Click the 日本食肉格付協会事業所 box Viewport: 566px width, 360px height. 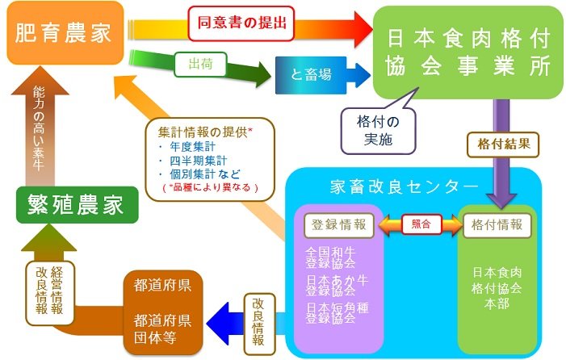pos(466,52)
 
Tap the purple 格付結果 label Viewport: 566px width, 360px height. pos(500,144)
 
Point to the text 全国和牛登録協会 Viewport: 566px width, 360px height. pos(332,258)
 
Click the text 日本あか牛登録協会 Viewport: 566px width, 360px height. pos(332,286)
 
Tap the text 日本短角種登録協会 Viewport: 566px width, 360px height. pos(332,312)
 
